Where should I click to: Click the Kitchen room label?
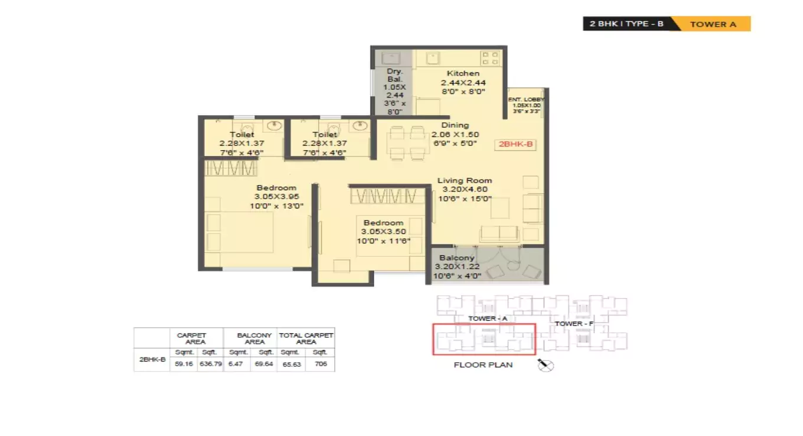pyautogui.click(x=463, y=73)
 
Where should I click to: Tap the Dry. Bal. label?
pyautogui.click(x=394, y=75)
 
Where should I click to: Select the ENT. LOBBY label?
pyautogui.click(x=525, y=99)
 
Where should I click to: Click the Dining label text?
pyautogui.click(x=455, y=125)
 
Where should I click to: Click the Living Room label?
pyautogui.click(x=464, y=180)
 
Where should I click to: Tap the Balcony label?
pyautogui.click(x=456, y=258)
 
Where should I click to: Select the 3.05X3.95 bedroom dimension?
pyautogui.click(x=276, y=197)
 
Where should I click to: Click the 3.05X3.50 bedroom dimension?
pyautogui.click(x=383, y=232)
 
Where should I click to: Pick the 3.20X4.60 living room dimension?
pyautogui.click(x=464, y=190)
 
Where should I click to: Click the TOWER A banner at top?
pyautogui.click(x=713, y=24)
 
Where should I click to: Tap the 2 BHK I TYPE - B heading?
pyautogui.click(x=626, y=24)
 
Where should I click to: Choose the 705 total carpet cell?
pyautogui.click(x=320, y=365)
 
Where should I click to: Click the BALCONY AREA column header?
pyautogui.click(x=254, y=338)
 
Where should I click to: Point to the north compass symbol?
pyautogui.click(x=546, y=366)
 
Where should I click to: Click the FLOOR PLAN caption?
pyautogui.click(x=483, y=365)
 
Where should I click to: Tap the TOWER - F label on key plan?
pyautogui.click(x=574, y=324)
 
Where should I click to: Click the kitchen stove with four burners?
pyautogui.click(x=490, y=58)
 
